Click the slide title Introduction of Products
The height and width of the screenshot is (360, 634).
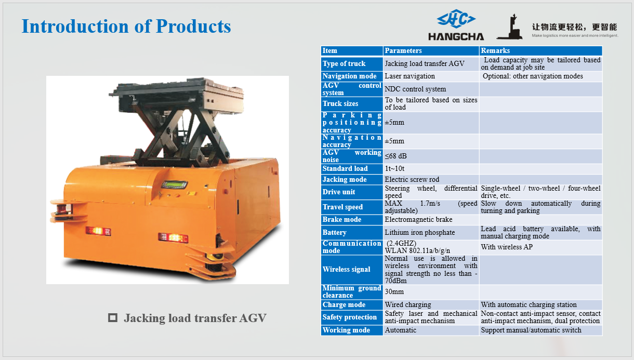tap(126, 26)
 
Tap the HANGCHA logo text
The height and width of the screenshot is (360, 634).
tap(456, 37)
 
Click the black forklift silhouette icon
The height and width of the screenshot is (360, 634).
tap(509, 28)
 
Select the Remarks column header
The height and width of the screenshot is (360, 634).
tap(495, 50)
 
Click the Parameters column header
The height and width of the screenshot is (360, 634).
tap(403, 50)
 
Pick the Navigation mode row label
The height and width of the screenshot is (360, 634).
tap(349, 76)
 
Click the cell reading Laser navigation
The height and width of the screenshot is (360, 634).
tap(410, 76)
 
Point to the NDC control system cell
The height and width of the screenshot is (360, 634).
tap(415, 89)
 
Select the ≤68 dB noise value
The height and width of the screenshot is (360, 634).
tap(396, 156)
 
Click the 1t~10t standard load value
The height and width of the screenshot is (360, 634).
tap(395, 169)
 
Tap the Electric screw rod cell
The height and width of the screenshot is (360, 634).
tap(412, 180)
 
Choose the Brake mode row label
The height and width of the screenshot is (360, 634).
tap(342, 220)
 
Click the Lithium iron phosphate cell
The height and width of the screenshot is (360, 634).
tap(419, 233)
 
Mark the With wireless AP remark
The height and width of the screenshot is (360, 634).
tap(507, 247)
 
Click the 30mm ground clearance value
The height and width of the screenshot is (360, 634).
tap(394, 292)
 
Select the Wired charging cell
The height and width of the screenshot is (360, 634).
tap(408, 305)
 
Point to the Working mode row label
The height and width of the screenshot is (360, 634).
tap(346, 330)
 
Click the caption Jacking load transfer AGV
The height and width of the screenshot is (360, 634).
tap(195, 318)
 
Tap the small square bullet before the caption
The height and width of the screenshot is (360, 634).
tap(112, 318)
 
